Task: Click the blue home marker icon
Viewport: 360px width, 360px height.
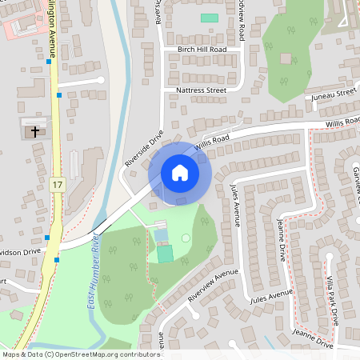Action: click(180, 172)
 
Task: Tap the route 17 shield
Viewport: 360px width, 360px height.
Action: click(56, 185)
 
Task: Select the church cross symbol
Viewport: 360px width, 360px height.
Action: click(34, 131)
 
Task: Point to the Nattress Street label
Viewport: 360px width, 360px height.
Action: click(201, 90)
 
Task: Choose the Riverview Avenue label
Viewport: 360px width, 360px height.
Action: click(214, 285)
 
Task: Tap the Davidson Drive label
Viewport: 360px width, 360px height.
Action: click(19, 252)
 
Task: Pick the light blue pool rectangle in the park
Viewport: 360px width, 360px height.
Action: click(162, 235)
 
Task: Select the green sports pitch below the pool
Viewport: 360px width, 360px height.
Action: click(164, 254)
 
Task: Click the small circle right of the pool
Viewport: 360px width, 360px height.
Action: click(186, 238)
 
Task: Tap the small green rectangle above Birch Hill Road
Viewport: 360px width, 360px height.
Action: click(209, 18)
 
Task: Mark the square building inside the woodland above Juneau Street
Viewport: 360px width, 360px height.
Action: click(286, 58)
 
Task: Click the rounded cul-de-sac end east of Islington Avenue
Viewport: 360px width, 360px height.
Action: click(101, 80)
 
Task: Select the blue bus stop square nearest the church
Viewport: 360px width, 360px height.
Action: click(59, 95)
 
